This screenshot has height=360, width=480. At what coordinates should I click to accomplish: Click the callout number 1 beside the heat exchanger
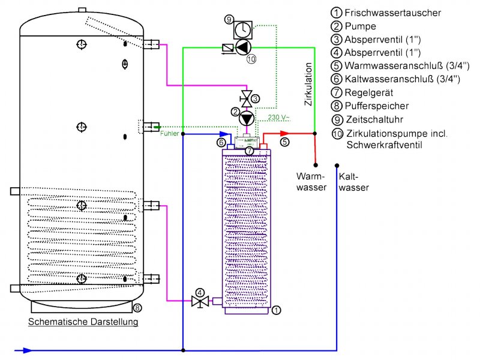click(x=276, y=310)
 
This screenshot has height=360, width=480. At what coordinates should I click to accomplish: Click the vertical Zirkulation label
click(x=308, y=84)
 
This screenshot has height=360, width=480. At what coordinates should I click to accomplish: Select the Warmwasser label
click(x=311, y=182)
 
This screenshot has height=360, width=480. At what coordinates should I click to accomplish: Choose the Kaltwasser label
click(x=353, y=182)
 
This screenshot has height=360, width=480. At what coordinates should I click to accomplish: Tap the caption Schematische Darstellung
click(x=83, y=322)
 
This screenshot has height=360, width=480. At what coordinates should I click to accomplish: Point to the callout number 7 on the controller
click(x=249, y=151)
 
